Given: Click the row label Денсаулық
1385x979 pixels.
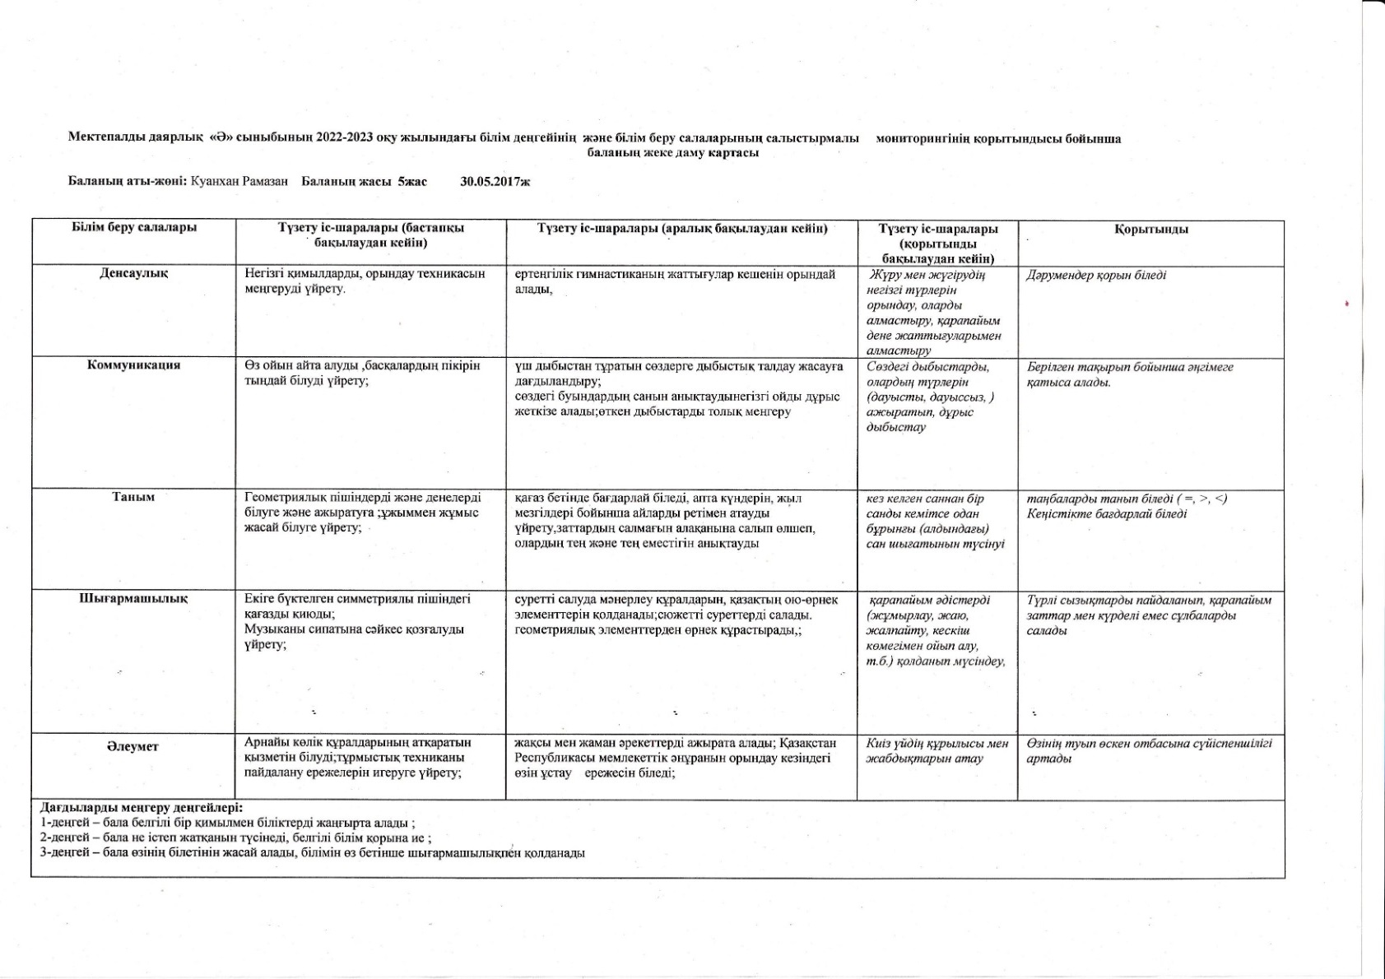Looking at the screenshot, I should tap(133, 273).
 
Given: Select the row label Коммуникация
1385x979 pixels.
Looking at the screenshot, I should tap(133, 364).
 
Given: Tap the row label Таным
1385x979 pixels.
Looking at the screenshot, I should tap(133, 497).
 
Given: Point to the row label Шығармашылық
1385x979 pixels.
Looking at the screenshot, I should tap(133, 599).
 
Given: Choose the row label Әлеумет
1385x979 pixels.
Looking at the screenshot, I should tap(132, 746).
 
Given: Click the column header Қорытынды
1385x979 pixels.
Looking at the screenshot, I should tap(1151, 230).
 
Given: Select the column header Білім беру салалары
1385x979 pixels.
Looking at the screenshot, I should tap(133, 228).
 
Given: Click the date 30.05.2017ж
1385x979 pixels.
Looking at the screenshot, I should tap(495, 181).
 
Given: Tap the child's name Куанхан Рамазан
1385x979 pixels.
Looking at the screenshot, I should tap(239, 181).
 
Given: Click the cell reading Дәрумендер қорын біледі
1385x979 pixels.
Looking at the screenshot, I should tap(1096, 275).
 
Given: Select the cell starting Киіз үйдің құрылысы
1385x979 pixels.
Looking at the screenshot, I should tap(937, 751).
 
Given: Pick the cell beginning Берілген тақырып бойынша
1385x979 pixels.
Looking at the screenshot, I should tap(1130, 375).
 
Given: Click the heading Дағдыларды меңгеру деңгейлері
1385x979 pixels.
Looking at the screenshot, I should tap(142, 808).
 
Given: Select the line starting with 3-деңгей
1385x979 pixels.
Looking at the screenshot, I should tap(313, 853).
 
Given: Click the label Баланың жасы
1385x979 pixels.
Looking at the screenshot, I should tap(348, 181).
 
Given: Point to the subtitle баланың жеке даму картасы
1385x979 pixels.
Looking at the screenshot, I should tap(672, 152).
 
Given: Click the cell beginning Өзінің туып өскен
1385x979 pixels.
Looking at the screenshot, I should tap(1149, 751).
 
